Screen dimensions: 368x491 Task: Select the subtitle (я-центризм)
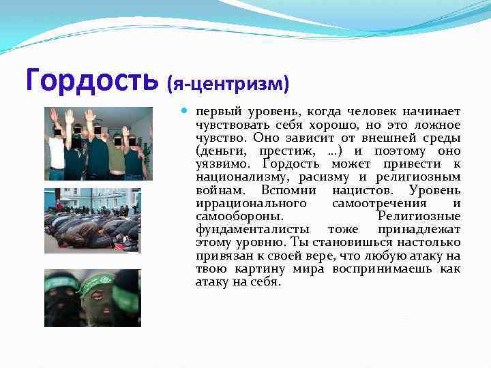pyautogui.click(x=228, y=84)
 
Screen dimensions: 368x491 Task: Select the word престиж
pyautogui.click(x=284, y=151)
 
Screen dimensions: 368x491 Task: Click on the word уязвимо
pyautogui.click(x=219, y=164)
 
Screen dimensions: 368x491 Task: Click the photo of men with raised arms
pyautogui.click(x=98, y=144)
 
